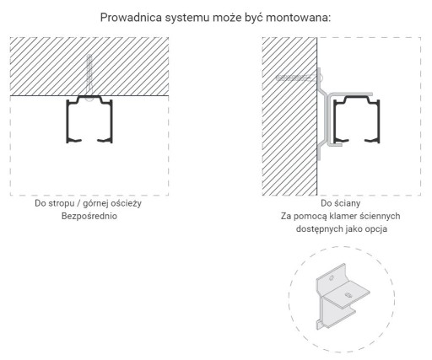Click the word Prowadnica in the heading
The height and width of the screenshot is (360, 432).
click(131, 18)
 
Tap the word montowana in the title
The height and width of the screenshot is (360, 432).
click(298, 18)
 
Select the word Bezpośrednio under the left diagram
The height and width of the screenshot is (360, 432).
click(89, 216)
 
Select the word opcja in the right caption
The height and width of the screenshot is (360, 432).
click(376, 229)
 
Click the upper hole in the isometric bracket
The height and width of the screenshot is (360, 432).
click(332, 278)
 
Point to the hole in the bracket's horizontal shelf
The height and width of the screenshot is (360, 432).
click(348, 295)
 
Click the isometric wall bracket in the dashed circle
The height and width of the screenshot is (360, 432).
click(342, 297)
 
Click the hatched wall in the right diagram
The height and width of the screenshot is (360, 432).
click(289, 116)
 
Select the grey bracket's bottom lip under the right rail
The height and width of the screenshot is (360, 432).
click(335, 145)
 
